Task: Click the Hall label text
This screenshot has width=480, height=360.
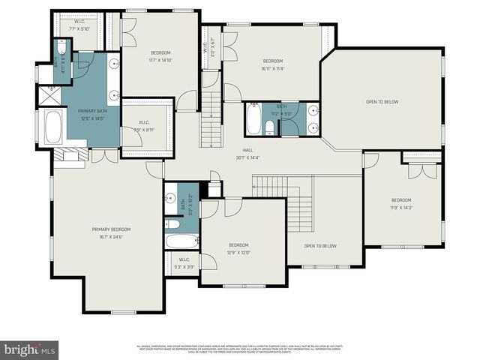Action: point(247,150)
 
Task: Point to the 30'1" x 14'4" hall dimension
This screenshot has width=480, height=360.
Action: point(247,157)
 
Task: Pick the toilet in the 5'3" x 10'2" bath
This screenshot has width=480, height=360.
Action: point(172,223)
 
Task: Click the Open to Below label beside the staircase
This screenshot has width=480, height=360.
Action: point(320,246)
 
